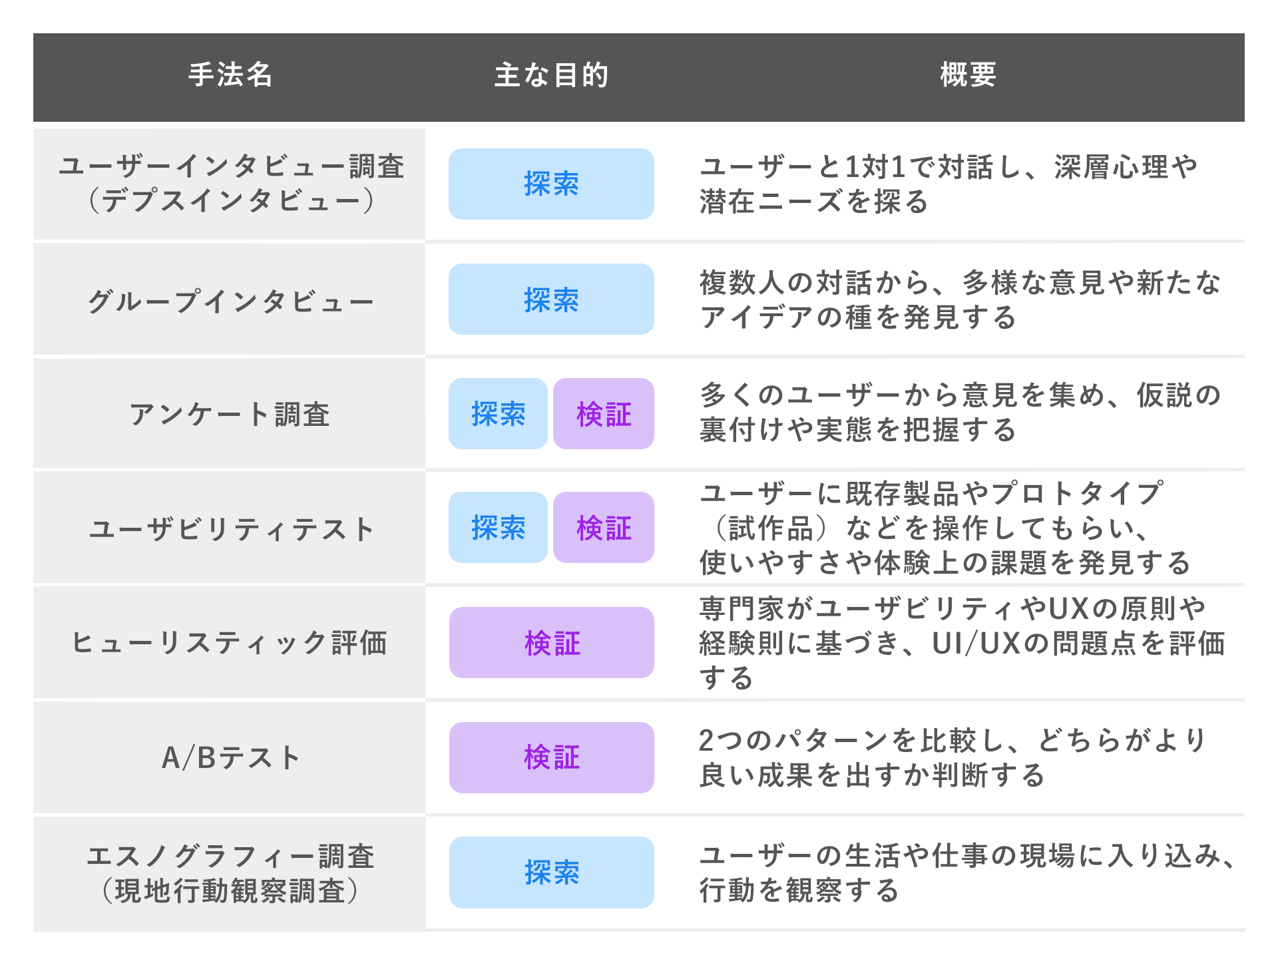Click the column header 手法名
tap(230, 75)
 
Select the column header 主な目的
tap(551, 75)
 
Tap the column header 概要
tap(968, 75)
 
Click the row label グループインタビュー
tap(230, 301)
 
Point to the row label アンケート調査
tap(230, 415)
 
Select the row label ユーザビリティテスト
tap(230, 530)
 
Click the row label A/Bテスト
tap(230, 758)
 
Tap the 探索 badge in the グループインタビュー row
tap(551, 299)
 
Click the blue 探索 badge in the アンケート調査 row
tap(498, 414)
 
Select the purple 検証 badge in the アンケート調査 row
tap(604, 414)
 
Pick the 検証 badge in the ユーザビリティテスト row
tap(604, 528)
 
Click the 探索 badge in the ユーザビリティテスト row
tap(498, 528)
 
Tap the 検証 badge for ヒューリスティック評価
tap(552, 643)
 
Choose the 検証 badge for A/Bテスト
tap(552, 757)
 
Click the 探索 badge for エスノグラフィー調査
tap(552, 872)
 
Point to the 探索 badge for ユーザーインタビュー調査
tap(551, 184)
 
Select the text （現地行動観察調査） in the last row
tap(230, 891)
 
